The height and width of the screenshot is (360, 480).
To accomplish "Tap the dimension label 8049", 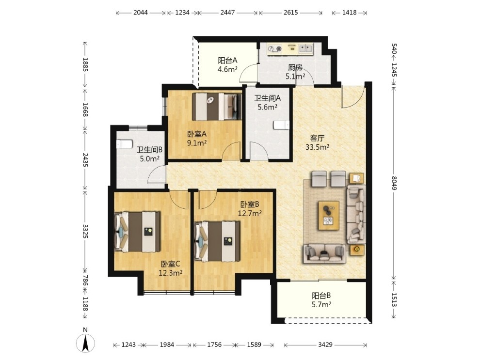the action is click(393, 183).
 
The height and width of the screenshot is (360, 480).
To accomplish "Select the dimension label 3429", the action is click(325, 344).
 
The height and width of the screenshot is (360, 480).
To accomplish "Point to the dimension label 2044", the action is click(141, 13).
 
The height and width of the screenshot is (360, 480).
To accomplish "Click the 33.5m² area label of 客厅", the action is click(317, 147).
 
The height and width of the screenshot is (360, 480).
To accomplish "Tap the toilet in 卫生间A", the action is click(281, 125).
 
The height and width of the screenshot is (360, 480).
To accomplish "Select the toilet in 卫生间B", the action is click(125, 144).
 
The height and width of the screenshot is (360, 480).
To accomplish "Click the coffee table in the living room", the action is click(328, 215).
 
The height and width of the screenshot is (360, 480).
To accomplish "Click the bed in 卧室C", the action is click(137, 232).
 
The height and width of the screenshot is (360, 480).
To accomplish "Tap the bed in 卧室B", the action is click(217, 242).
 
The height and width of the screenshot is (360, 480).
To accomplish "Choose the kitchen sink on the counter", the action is click(306, 48).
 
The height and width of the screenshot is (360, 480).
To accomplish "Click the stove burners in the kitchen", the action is click(274, 48).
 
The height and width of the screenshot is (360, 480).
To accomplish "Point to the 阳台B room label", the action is click(321, 296).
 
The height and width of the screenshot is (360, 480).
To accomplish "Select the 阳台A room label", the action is click(227, 61).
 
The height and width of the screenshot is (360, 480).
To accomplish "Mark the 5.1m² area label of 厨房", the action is click(295, 76).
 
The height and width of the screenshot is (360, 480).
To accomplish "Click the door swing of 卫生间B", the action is click(156, 174).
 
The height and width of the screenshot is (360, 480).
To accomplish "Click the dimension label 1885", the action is click(85, 64).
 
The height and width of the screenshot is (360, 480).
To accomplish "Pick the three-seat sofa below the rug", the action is click(324, 253).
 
